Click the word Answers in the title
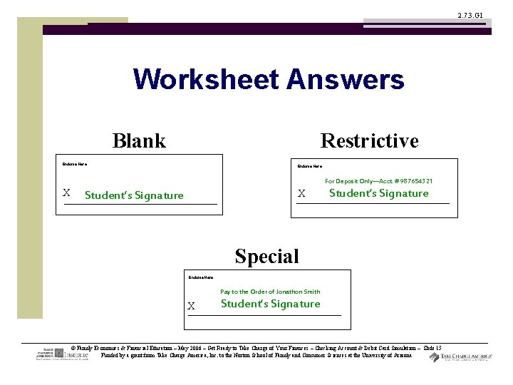(x=346, y=79)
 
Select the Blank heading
(x=139, y=140)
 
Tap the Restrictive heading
(x=369, y=140)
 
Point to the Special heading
(x=266, y=256)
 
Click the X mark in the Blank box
(x=66, y=192)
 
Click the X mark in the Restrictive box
(x=301, y=193)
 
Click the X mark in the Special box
(x=191, y=306)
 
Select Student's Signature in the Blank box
(x=134, y=195)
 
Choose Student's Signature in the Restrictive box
(x=378, y=193)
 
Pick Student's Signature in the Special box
(x=270, y=304)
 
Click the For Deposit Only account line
(x=378, y=181)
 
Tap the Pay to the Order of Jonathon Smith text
(x=270, y=292)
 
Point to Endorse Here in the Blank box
(x=75, y=164)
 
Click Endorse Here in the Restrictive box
(x=309, y=167)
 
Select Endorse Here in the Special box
(x=201, y=277)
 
